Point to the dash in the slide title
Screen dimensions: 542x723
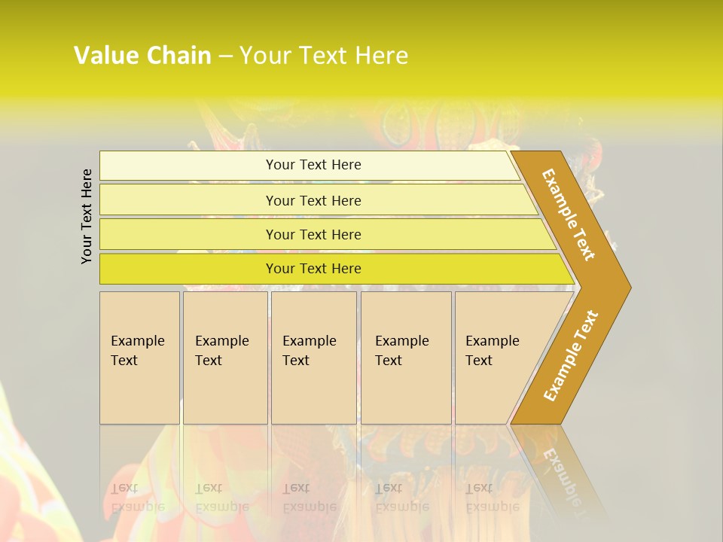(225, 56)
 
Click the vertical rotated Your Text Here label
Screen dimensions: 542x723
(87, 216)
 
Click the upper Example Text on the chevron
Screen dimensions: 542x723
(569, 215)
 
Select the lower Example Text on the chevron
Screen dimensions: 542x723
(570, 356)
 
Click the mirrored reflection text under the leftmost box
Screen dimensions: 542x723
(137, 498)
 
